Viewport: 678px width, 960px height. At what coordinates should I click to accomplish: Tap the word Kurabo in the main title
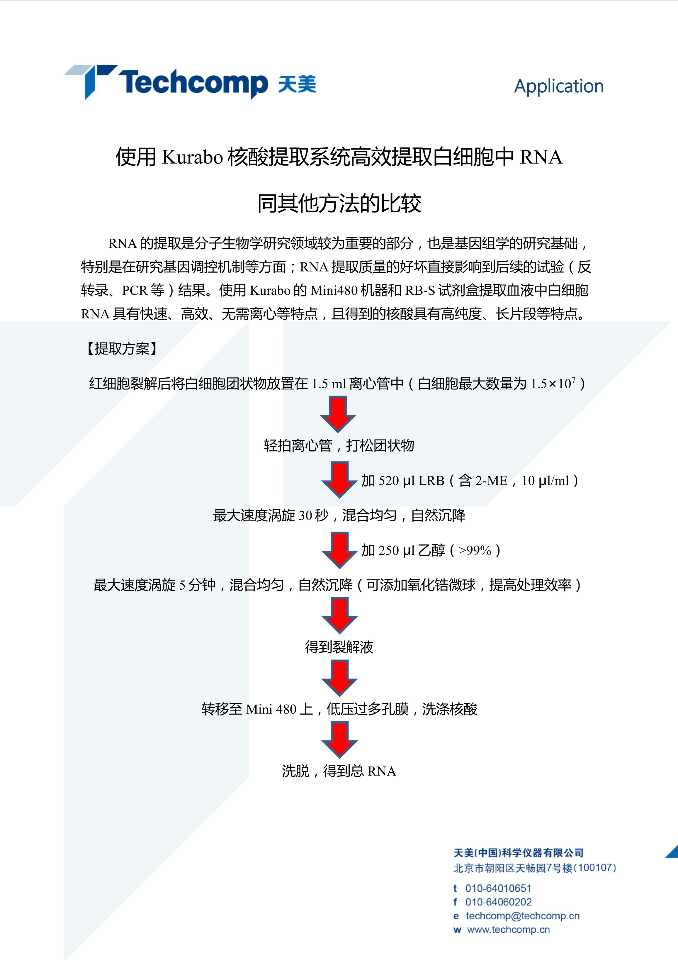(x=192, y=157)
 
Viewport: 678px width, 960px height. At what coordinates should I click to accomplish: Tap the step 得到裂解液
(x=339, y=647)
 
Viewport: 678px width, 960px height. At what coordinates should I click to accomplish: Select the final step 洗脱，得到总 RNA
(x=339, y=771)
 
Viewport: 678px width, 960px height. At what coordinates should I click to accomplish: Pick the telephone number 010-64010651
(x=498, y=888)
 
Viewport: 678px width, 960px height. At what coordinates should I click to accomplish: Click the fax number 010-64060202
(x=498, y=902)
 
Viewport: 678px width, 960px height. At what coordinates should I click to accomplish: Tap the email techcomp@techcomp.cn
(x=523, y=916)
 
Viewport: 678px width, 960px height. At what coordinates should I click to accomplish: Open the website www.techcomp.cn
(x=508, y=930)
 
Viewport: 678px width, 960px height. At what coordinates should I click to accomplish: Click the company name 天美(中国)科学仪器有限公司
(x=518, y=853)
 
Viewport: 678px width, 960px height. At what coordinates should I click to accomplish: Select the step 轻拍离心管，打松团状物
(x=339, y=445)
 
